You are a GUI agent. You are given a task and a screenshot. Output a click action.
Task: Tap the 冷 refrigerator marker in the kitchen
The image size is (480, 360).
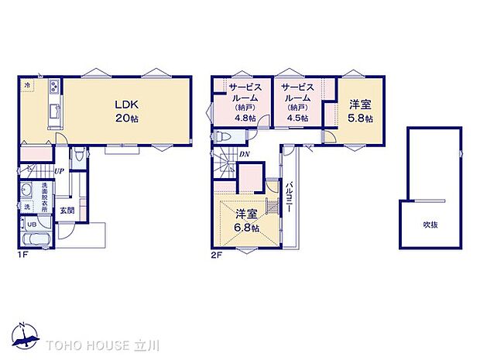pos(26,84)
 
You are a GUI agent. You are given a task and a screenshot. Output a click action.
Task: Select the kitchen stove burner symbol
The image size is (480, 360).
pos(54,85)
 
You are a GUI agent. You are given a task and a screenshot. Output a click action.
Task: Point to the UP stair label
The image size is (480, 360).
pos(59,172)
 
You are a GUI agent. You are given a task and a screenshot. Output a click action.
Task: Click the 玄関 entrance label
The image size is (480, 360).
pos(67,210)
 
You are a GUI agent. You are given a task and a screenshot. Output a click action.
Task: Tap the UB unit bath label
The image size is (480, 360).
pos(32,225)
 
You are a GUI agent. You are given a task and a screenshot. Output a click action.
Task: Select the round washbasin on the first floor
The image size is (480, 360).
pos(27,191)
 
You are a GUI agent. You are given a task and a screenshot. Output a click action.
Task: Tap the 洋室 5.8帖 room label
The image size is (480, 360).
pos(360,111)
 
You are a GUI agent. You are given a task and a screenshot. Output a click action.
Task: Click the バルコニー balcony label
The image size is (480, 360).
pos(288,197)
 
